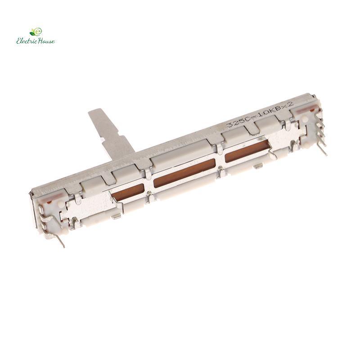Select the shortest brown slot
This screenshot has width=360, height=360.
point(127,192)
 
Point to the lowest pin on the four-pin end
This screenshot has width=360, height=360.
point(322,149)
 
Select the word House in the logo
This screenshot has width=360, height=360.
point(46,41)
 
